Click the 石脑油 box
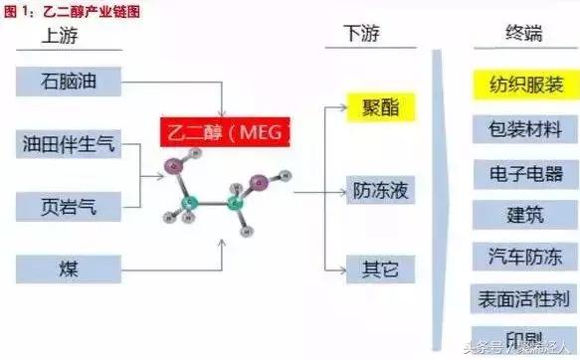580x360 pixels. (x=69, y=79)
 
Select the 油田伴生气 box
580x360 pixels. (x=69, y=146)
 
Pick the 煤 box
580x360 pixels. (x=69, y=268)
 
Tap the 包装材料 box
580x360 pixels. (x=523, y=128)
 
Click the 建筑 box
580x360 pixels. (x=523, y=213)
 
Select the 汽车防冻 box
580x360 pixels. (x=523, y=256)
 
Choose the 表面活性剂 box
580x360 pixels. (x=523, y=297)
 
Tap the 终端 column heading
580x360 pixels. (x=523, y=34)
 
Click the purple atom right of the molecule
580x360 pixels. (x=260, y=181)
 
